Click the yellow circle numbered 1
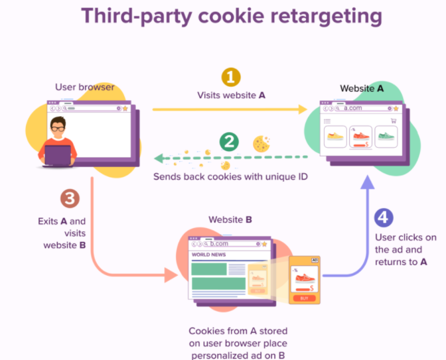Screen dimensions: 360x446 coord(230,78)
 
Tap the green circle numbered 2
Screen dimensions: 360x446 coord(229,141)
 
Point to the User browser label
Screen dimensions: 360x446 coord(85,87)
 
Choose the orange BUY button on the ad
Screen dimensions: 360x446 coord(304,298)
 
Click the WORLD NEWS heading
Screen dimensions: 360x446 coord(210,255)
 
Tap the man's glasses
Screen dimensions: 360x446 coord(59,127)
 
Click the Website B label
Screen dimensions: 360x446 coord(229,219)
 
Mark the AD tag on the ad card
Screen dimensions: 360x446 coord(314,261)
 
